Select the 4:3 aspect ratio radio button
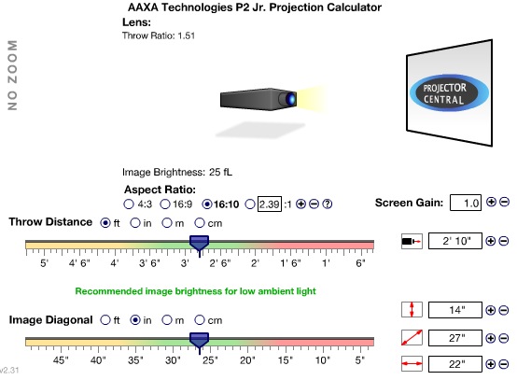coord(129,204)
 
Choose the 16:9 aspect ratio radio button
coord(165,204)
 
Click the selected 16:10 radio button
coord(207,204)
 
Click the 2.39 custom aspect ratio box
coord(270,204)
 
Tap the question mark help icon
coord(327,204)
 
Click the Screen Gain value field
coord(466,203)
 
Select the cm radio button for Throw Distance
coord(200,223)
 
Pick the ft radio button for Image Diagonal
coord(105,319)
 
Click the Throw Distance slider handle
coord(199,245)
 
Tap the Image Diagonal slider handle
coord(199,342)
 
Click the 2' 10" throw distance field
coord(455,241)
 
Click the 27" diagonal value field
coord(455,338)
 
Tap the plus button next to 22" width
coord(491,364)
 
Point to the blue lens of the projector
coord(290,99)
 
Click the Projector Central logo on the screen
coord(449,93)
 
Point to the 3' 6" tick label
coord(149,263)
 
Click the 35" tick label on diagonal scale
coord(135,360)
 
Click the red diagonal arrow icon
coord(412,338)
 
